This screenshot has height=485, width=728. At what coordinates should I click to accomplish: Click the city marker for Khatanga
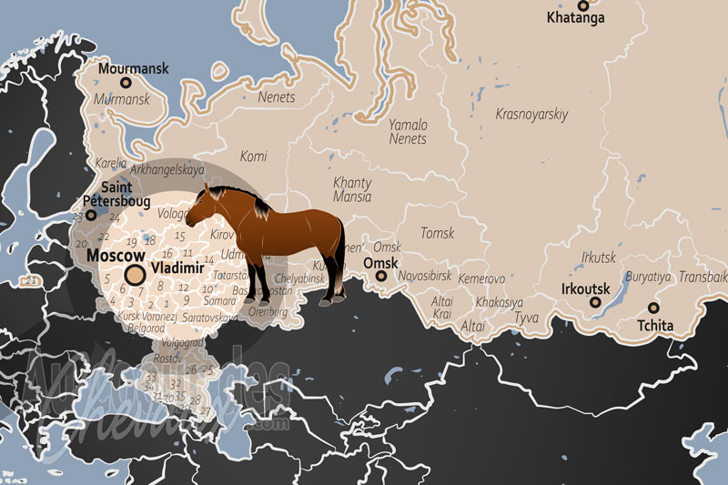coord(582,5)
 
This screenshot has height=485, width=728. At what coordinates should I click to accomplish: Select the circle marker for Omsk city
coord(382,275)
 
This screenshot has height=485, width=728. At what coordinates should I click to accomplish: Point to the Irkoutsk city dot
coord(597,303)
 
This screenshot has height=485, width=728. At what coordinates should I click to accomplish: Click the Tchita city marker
coord(653,308)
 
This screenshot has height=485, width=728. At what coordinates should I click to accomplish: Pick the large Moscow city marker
coord(135,275)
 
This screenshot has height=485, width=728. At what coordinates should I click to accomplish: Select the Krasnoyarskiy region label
coord(531,115)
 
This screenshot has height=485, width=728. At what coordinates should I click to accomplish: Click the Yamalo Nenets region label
coord(408,132)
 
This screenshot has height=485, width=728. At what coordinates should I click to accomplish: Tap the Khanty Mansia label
coord(352,189)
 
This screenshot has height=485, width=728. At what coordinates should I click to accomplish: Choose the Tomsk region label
coord(437,234)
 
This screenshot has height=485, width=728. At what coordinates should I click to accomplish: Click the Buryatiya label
coord(647,277)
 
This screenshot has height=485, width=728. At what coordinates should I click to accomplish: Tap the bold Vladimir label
coord(179,269)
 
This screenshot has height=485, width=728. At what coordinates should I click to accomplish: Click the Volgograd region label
coord(182,344)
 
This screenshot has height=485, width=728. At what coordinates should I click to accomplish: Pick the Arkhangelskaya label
coord(167,169)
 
